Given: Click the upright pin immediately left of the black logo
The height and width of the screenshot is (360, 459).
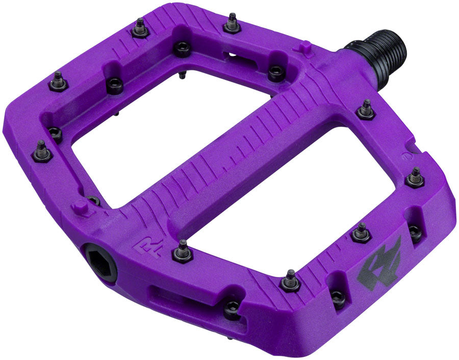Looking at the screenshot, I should pyautogui.click(x=361, y=234).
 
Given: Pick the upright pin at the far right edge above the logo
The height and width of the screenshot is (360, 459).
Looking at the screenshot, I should pyautogui.click(x=416, y=177).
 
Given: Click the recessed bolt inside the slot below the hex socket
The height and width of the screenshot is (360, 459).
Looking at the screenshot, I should pyautogui.click(x=232, y=307).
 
